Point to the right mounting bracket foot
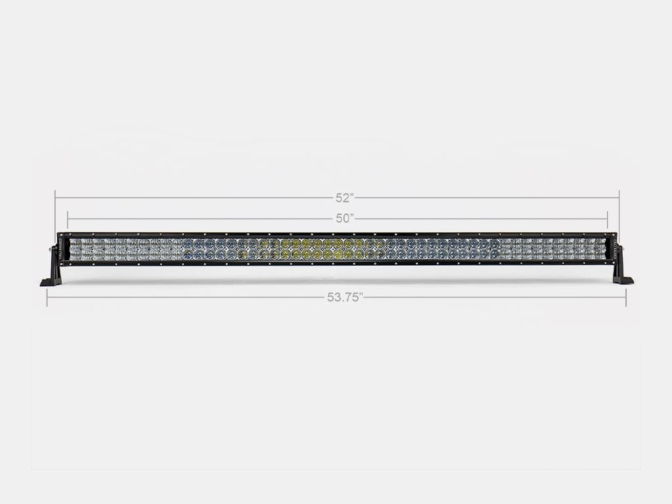point(623,280)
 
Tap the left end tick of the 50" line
point(68,219)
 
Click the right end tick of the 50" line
point(608,219)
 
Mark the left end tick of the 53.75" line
point(47,297)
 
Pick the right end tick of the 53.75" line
point(626,297)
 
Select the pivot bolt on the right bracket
point(621,249)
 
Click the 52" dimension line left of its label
point(197,198)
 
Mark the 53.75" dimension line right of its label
point(492,297)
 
